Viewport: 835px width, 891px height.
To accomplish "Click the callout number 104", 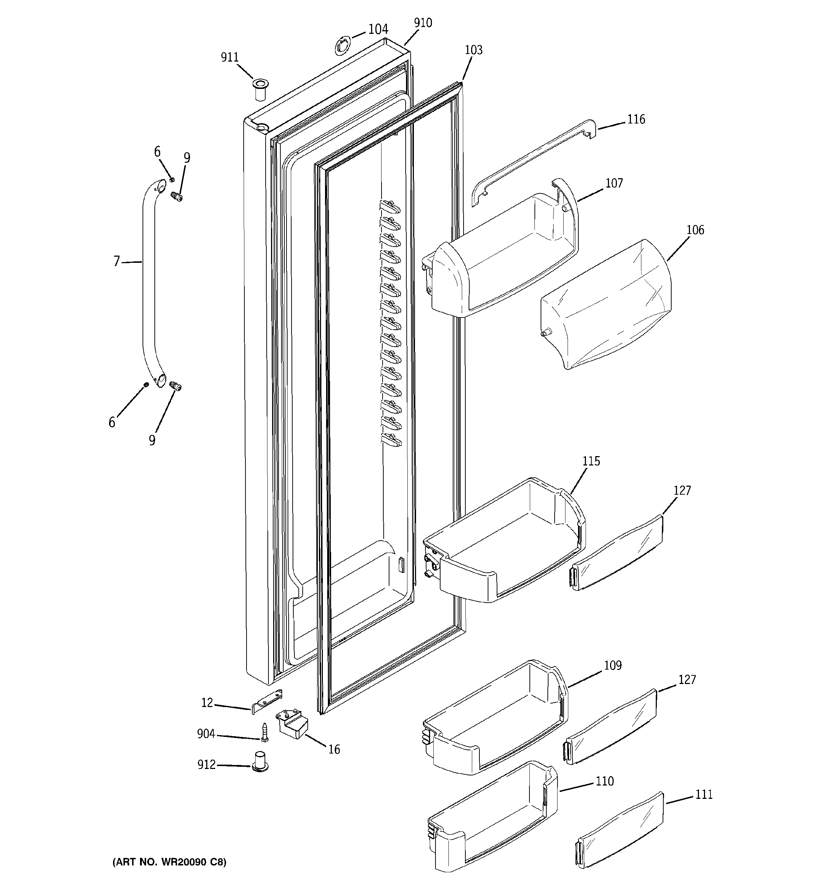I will click(378, 30).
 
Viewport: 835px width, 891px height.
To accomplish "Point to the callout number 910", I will click(423, 23).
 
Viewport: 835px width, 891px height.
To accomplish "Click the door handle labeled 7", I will click(149, 278).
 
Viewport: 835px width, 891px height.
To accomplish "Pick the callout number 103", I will click(473, 50).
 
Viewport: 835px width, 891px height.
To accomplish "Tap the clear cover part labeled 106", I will click(605, 305).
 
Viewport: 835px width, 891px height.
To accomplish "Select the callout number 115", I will click(591, 461).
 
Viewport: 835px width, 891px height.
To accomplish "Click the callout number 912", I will click(207, 764).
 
